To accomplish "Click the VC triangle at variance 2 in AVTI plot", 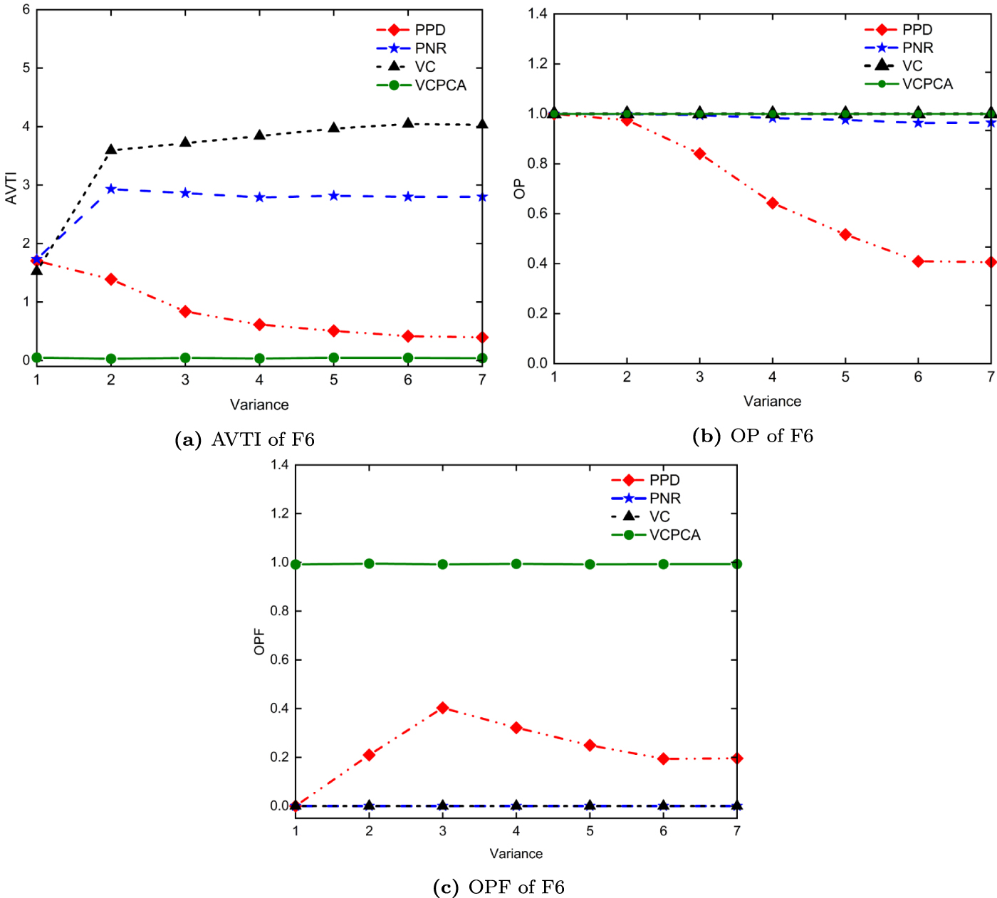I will [x=111, y=150].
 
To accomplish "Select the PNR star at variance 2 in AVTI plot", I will [x=111, y=189].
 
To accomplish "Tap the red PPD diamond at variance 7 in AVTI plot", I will [x=482, y=338].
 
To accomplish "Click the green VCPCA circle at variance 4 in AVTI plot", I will [x=259, y=358].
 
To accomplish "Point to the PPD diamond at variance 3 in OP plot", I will [x=699, y=154].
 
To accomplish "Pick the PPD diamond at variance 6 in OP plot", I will [x=918, y=261].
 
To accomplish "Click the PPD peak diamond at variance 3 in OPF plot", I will [x=443, y=708].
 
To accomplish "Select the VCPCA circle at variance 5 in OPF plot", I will [x=590, y=564].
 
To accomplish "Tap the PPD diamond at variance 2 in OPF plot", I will [x=369, y=755].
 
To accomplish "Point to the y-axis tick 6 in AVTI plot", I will [x=26, y=10].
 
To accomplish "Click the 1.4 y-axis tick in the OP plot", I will [x=538, y=14].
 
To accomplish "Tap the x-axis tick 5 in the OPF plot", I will [x=590, y=831].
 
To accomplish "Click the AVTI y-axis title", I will [x=11, y=188].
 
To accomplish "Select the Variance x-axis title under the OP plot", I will [x=772, y=401].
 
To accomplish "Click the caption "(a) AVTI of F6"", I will [x=244, y=439].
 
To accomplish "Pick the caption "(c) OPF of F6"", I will [x=499, y=887].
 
